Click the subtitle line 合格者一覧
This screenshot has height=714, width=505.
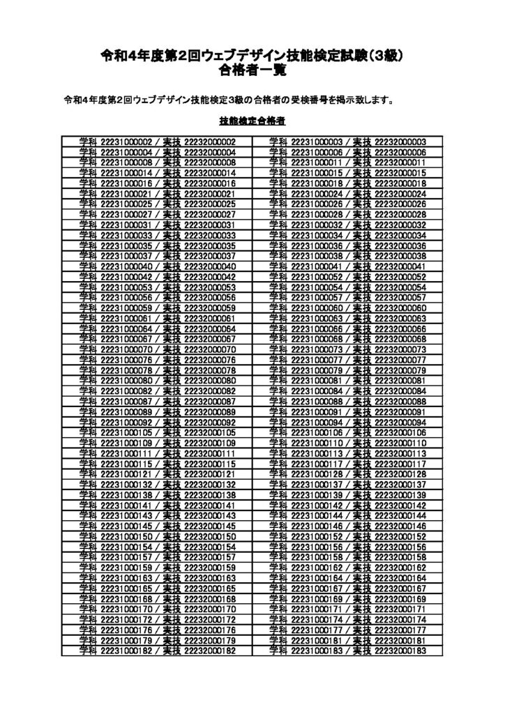252,70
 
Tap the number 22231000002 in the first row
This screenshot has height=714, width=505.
126,142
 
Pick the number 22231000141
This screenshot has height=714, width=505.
126,505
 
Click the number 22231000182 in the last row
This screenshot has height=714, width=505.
126,651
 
